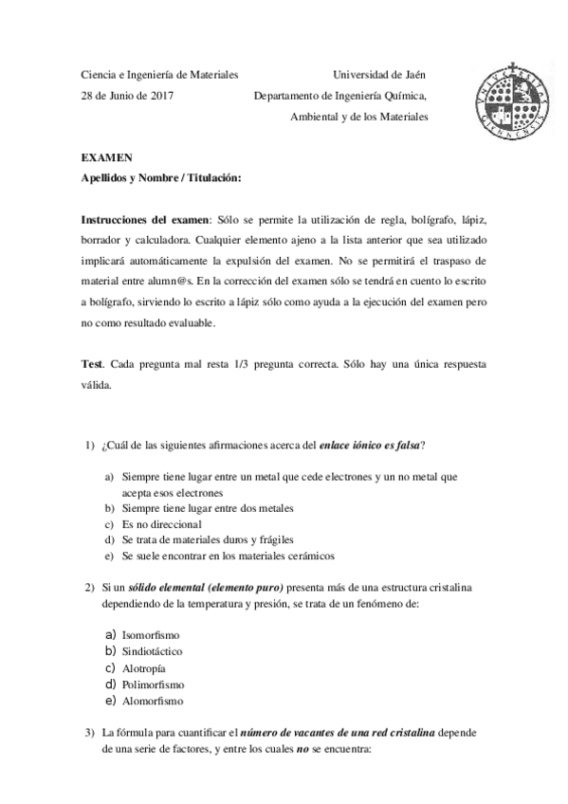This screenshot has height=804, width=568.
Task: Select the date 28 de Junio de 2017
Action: [x=127, y=96]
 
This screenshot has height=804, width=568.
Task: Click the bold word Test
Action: [x=93, y=364]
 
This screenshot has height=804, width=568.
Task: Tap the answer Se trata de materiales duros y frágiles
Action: [x=207, y=539]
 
